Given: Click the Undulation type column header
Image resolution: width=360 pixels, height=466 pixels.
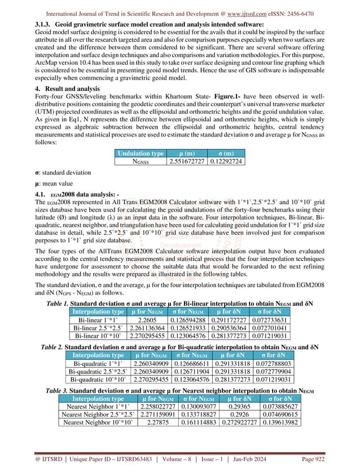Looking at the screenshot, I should pos(140,153).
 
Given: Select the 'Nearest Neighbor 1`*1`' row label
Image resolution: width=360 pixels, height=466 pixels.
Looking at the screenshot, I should pos(95,406).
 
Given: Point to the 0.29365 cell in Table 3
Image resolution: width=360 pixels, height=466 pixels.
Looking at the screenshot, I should pos(230,406).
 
